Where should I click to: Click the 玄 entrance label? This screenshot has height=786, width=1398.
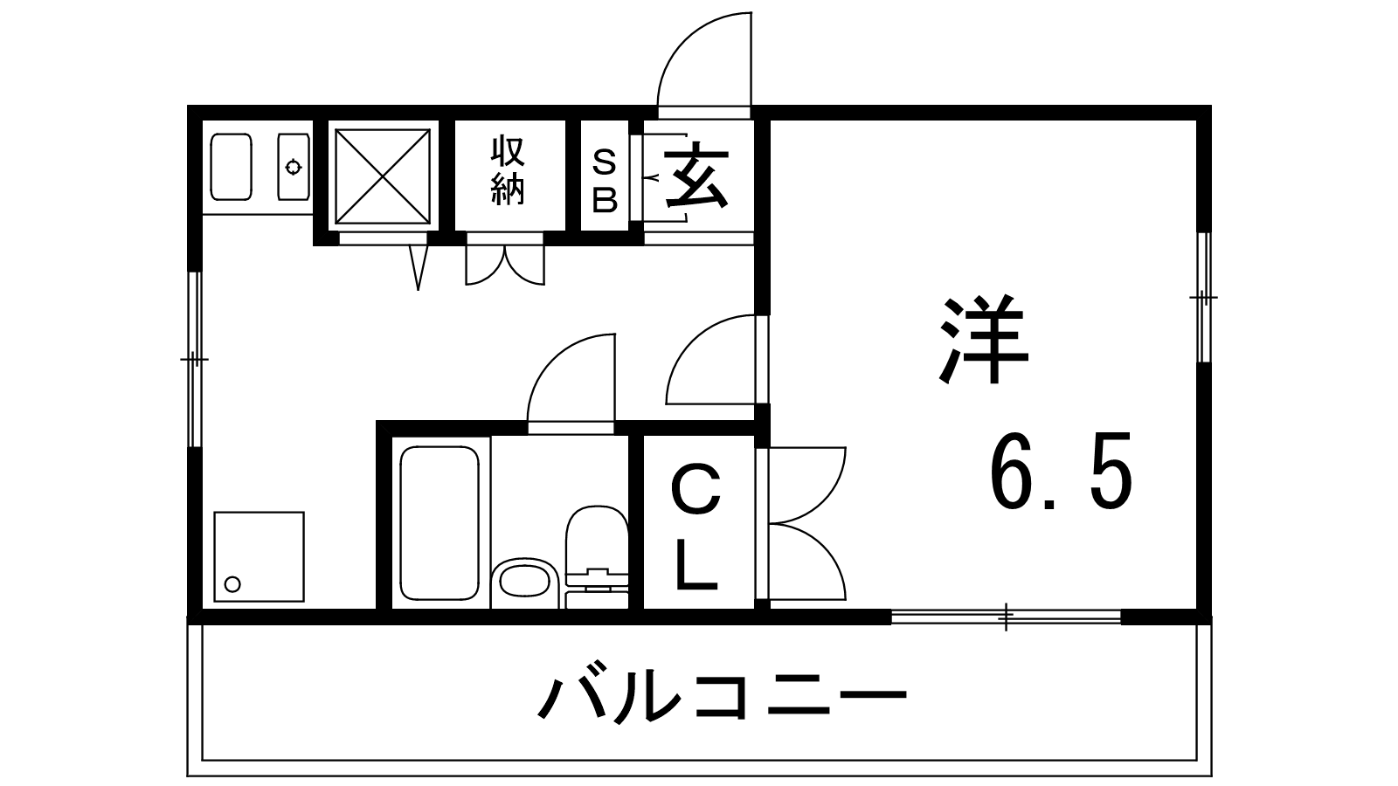tap(696, 176)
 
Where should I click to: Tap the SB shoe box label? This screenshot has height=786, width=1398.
tap(605, 181)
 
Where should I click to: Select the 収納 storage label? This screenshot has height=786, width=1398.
tap(509, 171)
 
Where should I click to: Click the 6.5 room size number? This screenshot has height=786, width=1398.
tap(1061, 472)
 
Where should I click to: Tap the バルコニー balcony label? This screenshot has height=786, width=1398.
tap(722, 696)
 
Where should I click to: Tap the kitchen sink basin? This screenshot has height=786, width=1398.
tap(232, 166)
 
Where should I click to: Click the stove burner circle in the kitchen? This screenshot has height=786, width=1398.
tap(293, 166)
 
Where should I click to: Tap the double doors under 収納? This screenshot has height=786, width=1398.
tap(504, 265)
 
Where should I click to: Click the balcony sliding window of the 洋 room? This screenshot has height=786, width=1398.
tap(1006, 617)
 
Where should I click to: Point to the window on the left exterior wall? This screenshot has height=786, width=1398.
tap(195, 359)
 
